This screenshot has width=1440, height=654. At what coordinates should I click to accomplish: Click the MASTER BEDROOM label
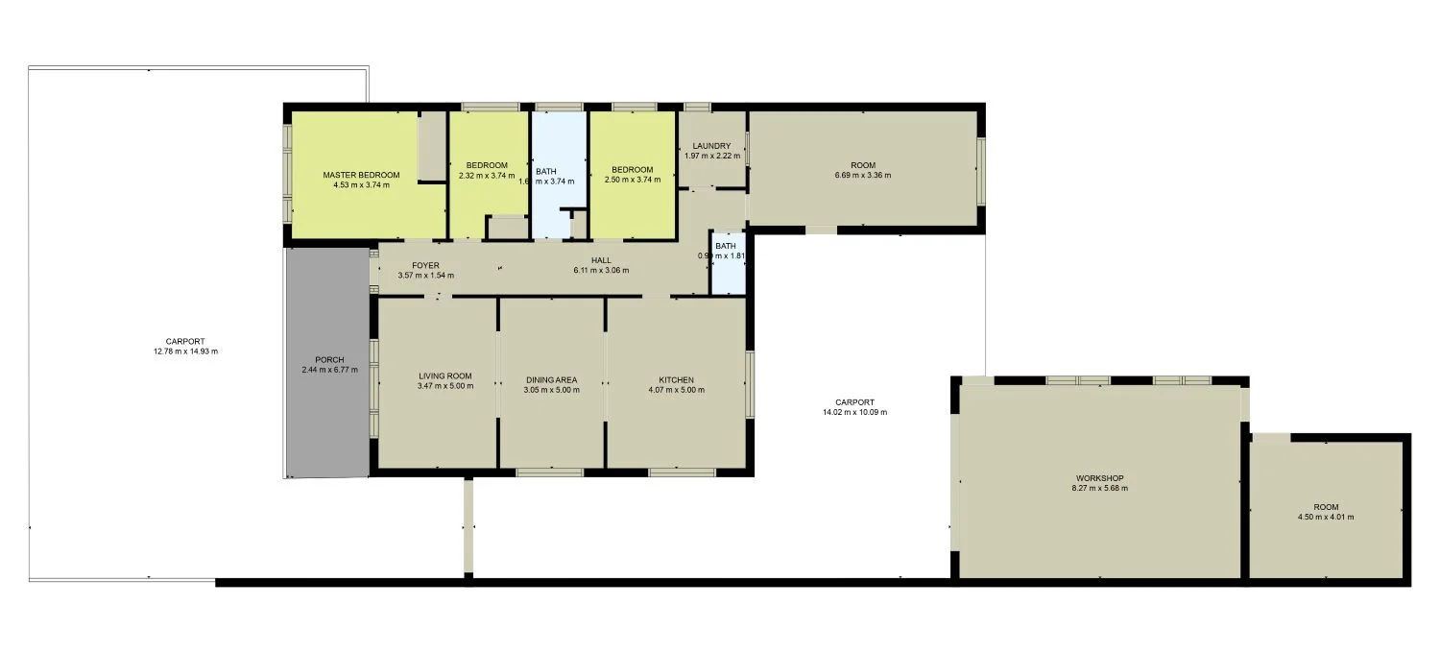tap(361, 175)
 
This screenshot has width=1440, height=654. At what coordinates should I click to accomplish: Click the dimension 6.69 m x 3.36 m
tap(863, 176)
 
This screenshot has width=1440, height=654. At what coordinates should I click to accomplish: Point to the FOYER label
tap(425, 265)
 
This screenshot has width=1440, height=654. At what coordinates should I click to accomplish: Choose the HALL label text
tap(601, 259)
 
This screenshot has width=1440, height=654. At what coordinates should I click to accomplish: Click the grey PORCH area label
tap(329, 360)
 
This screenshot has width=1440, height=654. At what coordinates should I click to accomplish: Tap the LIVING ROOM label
tap(444, 376)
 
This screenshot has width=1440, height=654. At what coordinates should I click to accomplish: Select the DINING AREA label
tap(551, 379)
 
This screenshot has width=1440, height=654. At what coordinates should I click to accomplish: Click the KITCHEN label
tap(676, 379)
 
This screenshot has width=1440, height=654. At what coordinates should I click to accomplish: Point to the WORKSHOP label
tap(1099, 477)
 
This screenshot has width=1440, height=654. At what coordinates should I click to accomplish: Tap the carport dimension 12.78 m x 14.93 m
tap(184, 351)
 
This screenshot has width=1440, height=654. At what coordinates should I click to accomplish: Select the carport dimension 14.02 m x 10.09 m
tap(854, 412)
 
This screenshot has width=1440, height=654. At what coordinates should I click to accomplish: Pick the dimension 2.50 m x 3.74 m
tap(632, 180)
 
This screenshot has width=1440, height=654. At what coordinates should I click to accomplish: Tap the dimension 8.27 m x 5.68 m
tap(1099, 488)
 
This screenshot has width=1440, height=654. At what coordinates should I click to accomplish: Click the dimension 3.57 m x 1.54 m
tap(425, 276)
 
